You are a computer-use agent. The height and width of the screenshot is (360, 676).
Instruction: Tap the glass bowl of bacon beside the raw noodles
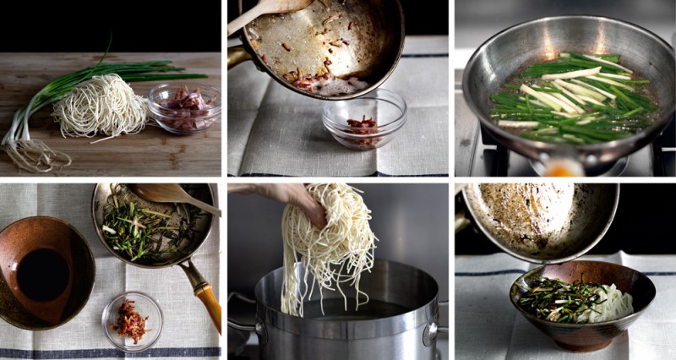tap(184, 107)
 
